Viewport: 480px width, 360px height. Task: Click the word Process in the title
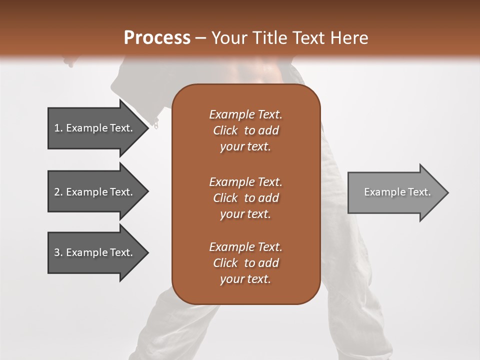click(x=157, y=38)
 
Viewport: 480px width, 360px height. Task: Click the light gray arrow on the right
click(x=395, y=192)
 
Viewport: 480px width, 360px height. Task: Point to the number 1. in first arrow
click(x=58, y=128)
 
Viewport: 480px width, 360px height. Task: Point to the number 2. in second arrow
click(x=58, y=192)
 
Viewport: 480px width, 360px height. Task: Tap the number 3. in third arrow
click(x=58, y=252)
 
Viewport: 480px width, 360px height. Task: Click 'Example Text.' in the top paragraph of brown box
click(x=245, y=114)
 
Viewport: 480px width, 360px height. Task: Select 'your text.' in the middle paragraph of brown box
click(x=245, y=214)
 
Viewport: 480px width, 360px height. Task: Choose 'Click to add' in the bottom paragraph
click(x=245, y=263)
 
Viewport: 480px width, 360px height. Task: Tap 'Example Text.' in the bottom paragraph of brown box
click(x=245, y=247)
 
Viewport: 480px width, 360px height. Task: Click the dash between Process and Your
click(x=200, y=38)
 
